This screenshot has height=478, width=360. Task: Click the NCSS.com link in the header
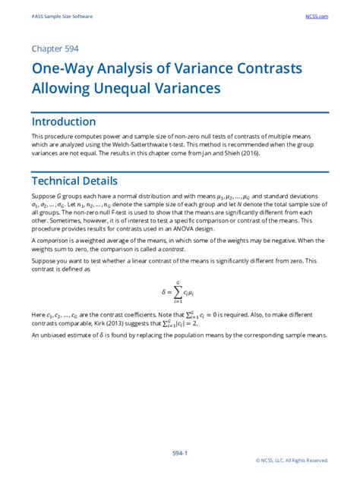317,15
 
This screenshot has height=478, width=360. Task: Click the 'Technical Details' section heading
74,181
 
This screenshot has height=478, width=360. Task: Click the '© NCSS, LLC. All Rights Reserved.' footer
292,460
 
